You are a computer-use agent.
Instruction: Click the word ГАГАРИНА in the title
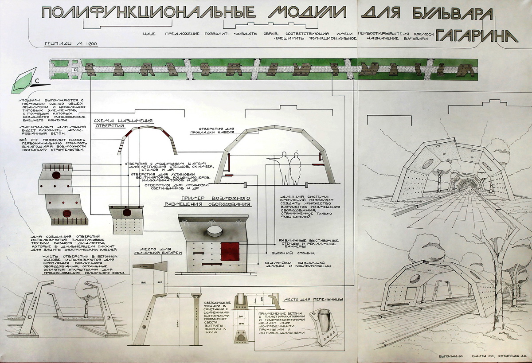coord(476,35)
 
